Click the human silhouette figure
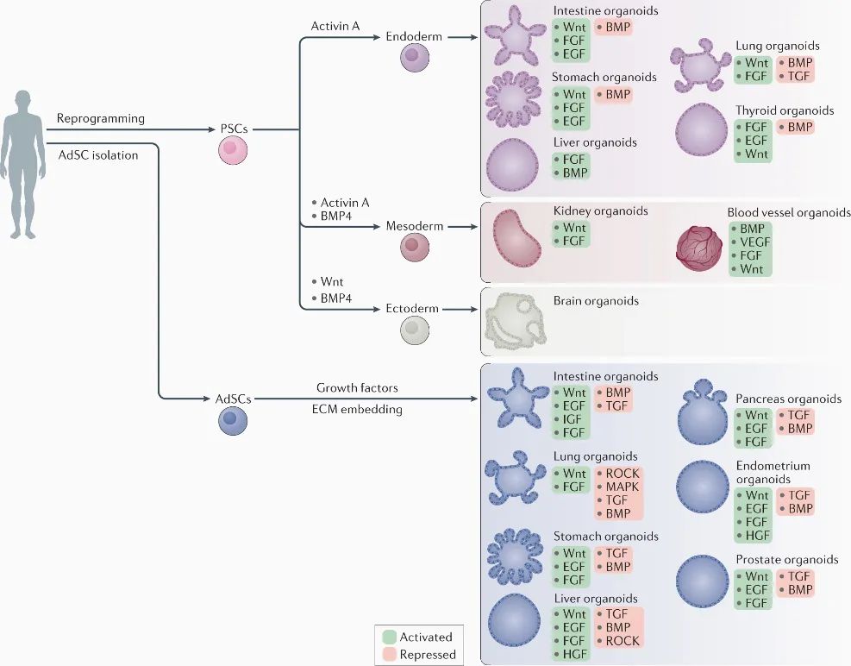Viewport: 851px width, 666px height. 22,164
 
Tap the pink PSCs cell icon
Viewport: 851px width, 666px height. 233,150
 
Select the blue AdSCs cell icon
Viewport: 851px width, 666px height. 233,420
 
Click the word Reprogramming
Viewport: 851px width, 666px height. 100,118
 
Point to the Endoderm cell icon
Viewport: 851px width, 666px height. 415,58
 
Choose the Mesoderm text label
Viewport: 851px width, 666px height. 415,226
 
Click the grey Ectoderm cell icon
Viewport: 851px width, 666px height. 415,330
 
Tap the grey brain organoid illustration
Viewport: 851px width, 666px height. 515,323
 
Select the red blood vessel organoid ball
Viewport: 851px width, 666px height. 699,248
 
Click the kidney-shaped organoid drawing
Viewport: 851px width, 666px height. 516,238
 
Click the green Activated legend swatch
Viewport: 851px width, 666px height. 389,637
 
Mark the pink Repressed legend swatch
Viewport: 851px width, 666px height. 389,655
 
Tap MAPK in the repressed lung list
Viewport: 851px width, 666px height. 622,487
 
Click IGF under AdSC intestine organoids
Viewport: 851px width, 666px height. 572,419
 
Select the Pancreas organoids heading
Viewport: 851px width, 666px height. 789,399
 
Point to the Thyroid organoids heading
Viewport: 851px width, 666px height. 785,110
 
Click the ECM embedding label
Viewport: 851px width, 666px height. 357,410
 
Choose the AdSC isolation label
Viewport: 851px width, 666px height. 98,155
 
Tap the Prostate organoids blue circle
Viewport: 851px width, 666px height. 703,581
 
